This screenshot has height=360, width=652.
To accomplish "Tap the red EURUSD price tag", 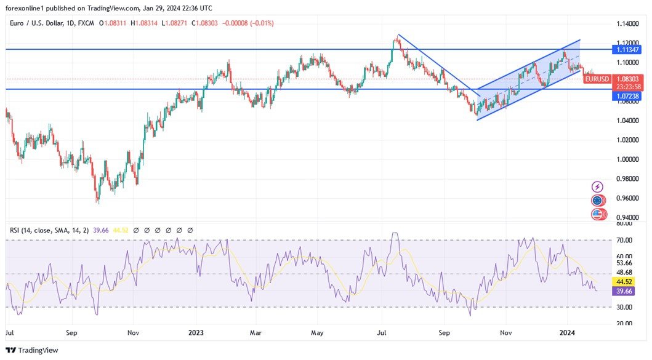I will (597, 79).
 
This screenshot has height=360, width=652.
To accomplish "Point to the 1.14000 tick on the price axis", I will (627, 23).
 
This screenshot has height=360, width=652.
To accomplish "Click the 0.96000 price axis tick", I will (627, 198).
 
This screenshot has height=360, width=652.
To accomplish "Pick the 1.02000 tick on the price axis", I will (627, 140).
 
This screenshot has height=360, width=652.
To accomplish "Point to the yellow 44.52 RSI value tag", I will (625, 281).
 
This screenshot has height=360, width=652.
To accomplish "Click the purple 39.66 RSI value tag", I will (625, 291).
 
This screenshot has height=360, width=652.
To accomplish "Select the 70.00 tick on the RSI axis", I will (625, 240).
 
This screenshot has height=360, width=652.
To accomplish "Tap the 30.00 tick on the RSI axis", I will (625, 307).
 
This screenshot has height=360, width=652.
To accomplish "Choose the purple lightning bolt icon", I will (597, 186).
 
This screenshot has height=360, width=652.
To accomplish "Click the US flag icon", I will (597, 215).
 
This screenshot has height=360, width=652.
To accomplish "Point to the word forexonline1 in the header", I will (26, 7).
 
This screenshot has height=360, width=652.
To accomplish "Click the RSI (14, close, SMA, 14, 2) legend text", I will (49, 230).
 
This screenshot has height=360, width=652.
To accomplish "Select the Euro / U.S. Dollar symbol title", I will (42, 23).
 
